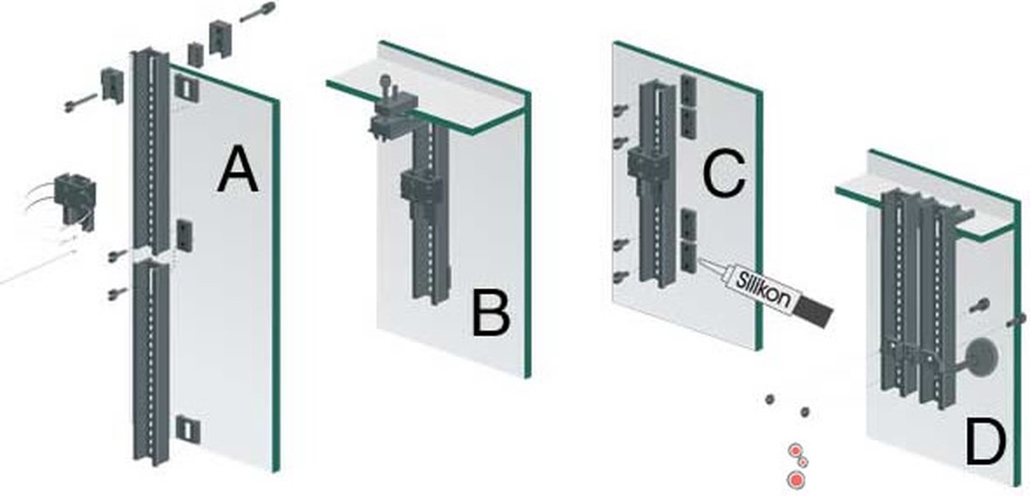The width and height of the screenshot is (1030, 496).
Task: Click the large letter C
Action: (x=724, y=174)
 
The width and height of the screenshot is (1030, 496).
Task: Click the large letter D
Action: (x=985, y=444)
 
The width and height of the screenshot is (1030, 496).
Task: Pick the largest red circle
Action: (x=796, y=480)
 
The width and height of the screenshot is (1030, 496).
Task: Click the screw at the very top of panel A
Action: (x=257, y=11)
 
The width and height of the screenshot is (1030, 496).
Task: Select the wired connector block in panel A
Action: (x=76, y=200)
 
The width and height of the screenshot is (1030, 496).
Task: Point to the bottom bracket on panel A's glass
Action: (x=187, y=429)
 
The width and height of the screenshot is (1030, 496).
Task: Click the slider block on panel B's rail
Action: (x=421, y=187)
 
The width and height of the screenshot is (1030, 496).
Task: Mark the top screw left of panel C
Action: (x=620, y=109)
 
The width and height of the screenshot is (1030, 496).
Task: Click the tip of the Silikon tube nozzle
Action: (x=699, y=259)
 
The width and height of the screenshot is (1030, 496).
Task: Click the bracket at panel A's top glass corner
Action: (x=187, y=88)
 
